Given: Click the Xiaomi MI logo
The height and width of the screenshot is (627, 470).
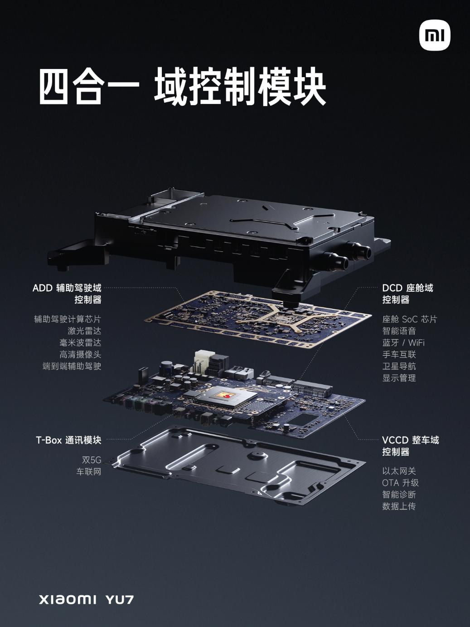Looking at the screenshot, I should [435, 35].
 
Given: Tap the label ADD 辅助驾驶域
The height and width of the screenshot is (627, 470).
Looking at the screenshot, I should [67, 288].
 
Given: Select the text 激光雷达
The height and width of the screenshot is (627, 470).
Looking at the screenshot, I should [84, 331].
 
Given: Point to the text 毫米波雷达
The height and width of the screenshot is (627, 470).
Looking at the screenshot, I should [80, 343].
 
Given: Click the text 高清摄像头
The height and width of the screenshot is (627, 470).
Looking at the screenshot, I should [80, 355].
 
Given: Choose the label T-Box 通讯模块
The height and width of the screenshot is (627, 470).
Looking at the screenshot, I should [68, 440].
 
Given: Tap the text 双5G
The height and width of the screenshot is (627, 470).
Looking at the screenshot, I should [92, 460].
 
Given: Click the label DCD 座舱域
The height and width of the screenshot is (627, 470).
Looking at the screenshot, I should [407, 288].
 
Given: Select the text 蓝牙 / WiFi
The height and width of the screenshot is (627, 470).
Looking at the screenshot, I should [403, 343].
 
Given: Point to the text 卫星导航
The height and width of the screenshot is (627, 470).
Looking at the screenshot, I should [399, 367].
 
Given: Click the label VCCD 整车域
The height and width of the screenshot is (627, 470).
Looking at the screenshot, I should [410, 440].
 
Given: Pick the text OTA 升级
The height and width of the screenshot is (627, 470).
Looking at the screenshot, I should [400, 483].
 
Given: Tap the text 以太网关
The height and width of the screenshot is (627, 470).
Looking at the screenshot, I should [399, 471].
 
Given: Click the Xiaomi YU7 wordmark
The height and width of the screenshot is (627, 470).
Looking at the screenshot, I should [86, 599].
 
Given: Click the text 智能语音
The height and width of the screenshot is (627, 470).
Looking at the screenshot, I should [399, 331].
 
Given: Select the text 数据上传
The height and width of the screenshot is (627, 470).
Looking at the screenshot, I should [399, 506].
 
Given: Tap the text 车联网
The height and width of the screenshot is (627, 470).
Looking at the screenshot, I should [89, 472].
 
